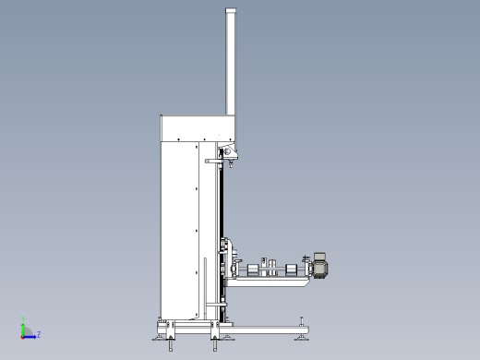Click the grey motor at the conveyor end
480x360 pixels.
pos(320,269)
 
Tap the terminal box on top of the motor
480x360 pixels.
pos(319,256)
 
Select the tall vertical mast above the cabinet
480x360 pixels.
pos(231,62)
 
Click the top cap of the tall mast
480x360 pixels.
pos(231,10)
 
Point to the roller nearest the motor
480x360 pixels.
pos(291,270)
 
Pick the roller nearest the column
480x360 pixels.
pos(253,270)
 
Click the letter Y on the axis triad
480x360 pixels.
pos(23,318)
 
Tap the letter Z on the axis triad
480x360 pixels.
pos(39,334)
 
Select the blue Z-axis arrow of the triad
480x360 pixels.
pos(30,337)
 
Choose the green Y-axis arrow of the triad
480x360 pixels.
pos(23,330)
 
